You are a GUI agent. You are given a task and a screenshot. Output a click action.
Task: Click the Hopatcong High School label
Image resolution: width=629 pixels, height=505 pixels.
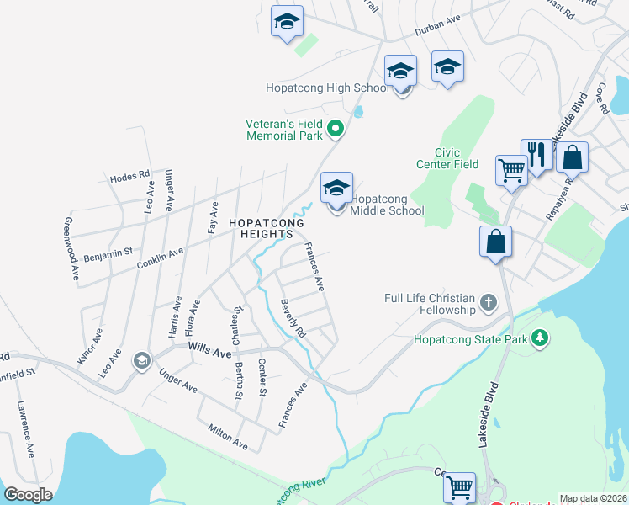[x=327, y=88]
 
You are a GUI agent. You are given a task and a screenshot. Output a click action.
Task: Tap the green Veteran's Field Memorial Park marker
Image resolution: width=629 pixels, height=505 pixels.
[x=336, y=129]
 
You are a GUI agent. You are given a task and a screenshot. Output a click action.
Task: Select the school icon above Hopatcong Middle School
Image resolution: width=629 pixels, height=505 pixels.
[x=336, y=190]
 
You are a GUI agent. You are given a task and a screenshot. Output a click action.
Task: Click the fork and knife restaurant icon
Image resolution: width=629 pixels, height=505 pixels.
[x=536, y=154]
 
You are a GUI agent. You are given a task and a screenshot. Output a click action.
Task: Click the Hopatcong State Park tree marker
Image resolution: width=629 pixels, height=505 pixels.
[x=539, y=339]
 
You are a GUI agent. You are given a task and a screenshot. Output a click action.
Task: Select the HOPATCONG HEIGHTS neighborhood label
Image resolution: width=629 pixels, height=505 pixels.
[x=262, y=228]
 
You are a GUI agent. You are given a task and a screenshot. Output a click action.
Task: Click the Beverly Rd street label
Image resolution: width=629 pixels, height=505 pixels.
[x=293, y=318]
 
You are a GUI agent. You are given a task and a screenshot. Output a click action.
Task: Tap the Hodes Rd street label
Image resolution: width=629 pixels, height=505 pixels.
[x=129, y=178]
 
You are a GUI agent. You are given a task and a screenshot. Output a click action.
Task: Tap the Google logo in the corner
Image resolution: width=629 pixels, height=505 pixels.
[x=28, y=494]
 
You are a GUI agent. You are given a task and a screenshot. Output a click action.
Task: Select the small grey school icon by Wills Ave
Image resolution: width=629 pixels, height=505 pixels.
[x=141, y=362]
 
